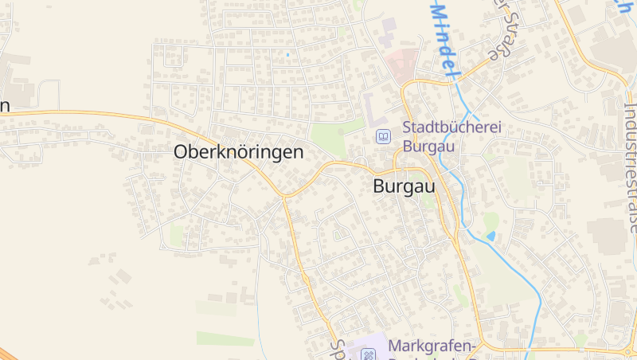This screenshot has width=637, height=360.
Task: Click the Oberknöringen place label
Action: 239,151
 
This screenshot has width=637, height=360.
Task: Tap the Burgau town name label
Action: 404,187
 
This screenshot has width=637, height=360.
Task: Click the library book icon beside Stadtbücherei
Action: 384,137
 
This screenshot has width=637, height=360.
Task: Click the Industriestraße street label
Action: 628,159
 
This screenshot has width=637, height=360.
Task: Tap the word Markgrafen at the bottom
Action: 431,346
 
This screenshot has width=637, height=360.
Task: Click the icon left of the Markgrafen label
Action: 368,354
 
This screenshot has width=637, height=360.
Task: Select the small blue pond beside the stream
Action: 490,236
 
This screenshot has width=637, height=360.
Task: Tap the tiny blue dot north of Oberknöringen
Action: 287,55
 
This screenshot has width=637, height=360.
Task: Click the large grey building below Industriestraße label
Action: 609,232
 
